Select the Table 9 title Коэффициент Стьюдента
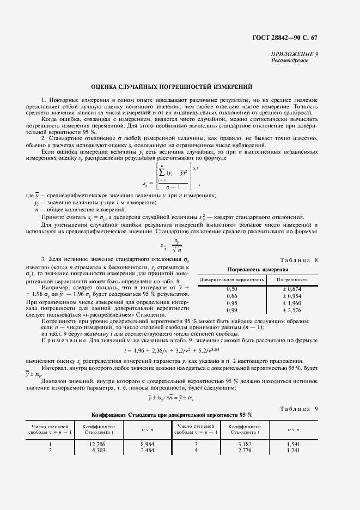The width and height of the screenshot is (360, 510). (x=168, y=415)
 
